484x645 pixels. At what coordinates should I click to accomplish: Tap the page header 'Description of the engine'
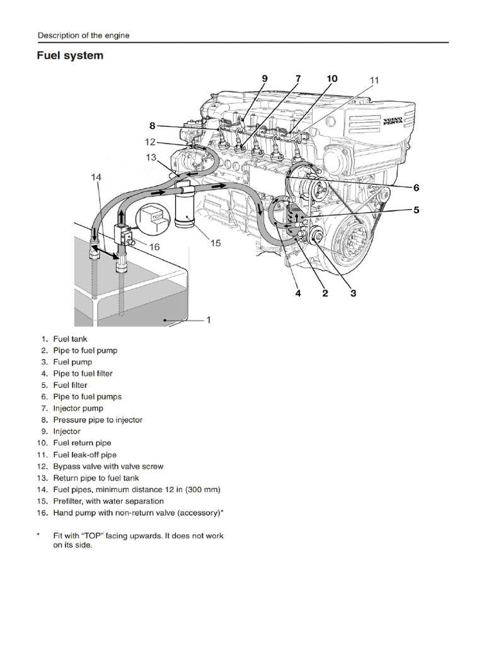point(84,35)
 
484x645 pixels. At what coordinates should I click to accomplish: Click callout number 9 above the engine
point(265,79)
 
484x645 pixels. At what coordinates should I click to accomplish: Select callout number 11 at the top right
point(374,80)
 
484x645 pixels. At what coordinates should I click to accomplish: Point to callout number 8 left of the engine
point(152,125)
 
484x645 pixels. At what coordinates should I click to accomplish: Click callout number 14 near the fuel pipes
point(96,178)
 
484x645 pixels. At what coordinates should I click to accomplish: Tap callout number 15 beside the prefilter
point(216,243)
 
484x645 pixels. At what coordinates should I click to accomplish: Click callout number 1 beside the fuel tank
point(209,319)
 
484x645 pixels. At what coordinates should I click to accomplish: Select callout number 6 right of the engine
point(416,187)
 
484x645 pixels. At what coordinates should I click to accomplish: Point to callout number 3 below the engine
point(353,293)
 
